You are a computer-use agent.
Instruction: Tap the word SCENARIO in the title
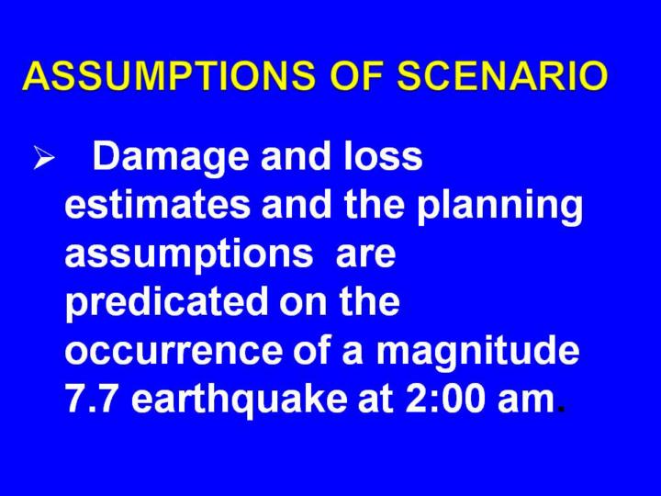502,76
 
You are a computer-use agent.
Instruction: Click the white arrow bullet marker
44,158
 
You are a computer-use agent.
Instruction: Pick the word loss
382,155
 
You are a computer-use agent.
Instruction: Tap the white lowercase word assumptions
189,255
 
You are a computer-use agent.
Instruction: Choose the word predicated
166,304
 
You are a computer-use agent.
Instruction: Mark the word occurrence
173,351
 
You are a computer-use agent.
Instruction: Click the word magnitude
477,352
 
